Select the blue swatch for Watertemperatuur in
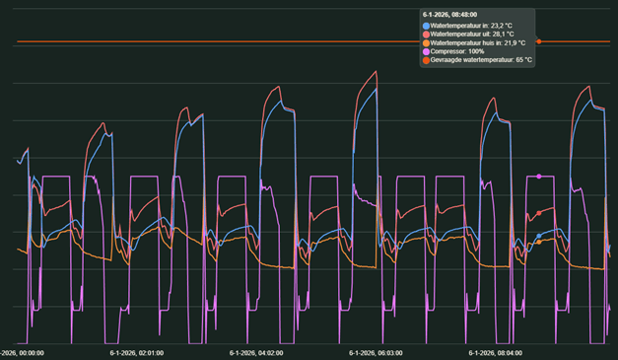pos(426,25)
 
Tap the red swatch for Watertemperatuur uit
pos(426,34)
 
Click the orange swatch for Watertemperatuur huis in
pos(426,42)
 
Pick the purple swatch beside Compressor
pos(426,51)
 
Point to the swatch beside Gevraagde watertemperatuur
pos(426,60)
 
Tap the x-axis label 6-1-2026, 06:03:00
pos(377,352)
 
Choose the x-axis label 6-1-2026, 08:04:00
pos(499,352)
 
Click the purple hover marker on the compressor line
pos(539,177)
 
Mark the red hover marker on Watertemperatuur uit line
pos(539,211)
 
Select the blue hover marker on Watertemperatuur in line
pos(539,236)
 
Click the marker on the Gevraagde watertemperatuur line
pos(539,41)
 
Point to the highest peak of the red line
pos(377,71)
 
